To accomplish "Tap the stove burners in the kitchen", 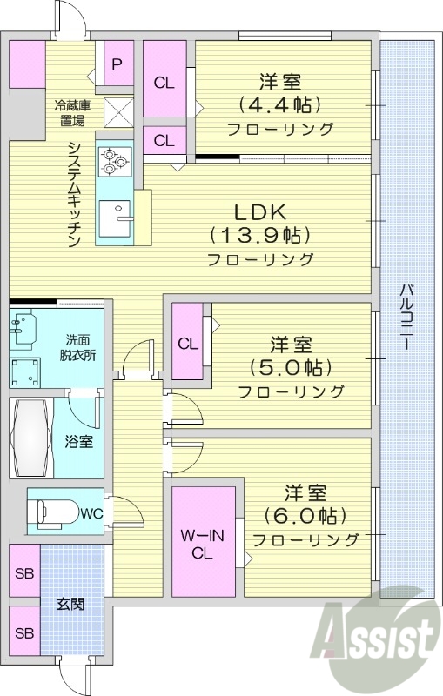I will pos(113,160).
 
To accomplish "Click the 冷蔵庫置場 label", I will pos(70,113).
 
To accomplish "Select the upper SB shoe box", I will pos(24,573).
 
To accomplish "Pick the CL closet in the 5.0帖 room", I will pos(187,343).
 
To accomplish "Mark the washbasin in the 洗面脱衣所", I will pos(23,328).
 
